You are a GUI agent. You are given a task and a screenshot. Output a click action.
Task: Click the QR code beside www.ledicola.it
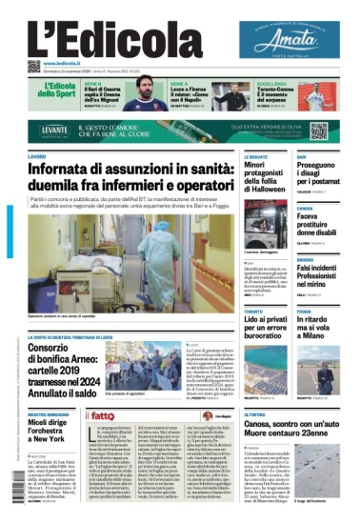pos(34,66)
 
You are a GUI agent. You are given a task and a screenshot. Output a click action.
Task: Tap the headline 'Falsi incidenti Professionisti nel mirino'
pos(319,277)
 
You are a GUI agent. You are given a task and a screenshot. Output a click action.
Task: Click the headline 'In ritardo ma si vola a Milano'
pos(319,330)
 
